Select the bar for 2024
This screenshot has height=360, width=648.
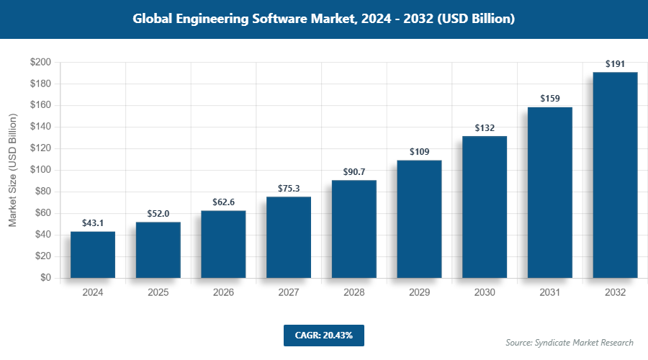pyautogui.click(x=93, y=254)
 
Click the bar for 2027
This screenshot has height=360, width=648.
pyautogui.click(x=289, y=237)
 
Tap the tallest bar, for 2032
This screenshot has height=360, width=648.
pyautogui.click(x=615, y=175)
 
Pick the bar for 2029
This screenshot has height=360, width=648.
pyautogui.click(x=419, y=219)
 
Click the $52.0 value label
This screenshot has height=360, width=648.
pyautogui.click(x=158, y=213)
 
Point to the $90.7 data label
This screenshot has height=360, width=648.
pyautogui.click(x=354, y=172)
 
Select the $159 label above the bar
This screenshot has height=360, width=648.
pyautogui.click(x=549, y=99)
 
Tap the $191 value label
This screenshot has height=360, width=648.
pyautogui.click(x=615, y=64)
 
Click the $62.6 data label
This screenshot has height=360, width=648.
pyautogui.click(x=223, y=202)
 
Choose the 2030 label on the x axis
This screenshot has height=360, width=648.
pyautogui.click(x=485, y=293)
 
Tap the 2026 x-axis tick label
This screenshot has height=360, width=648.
pyautogui.click(x=223, y=293)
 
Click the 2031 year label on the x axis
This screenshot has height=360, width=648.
pyautogui.click(x=549, y=293)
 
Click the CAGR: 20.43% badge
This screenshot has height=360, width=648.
pyautogui.click(x=323, y=335)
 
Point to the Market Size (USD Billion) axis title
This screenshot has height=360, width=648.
pyautogui.click(x=12, y=170)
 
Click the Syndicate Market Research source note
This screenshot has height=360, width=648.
pyautogui.click(x=569, y=343)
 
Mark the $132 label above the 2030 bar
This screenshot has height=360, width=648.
pyautogui.click(x=485, y=128)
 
